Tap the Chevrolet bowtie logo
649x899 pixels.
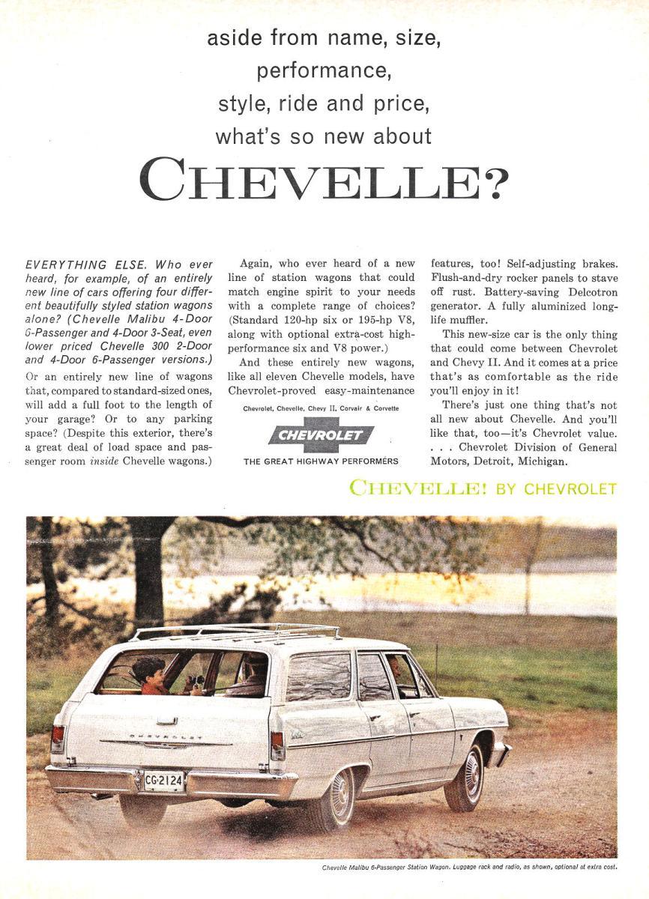point(321,435)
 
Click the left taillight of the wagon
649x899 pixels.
point(57,739)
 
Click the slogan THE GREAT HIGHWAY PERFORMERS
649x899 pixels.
point(321,461)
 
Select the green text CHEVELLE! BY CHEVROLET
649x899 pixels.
point(483,489)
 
